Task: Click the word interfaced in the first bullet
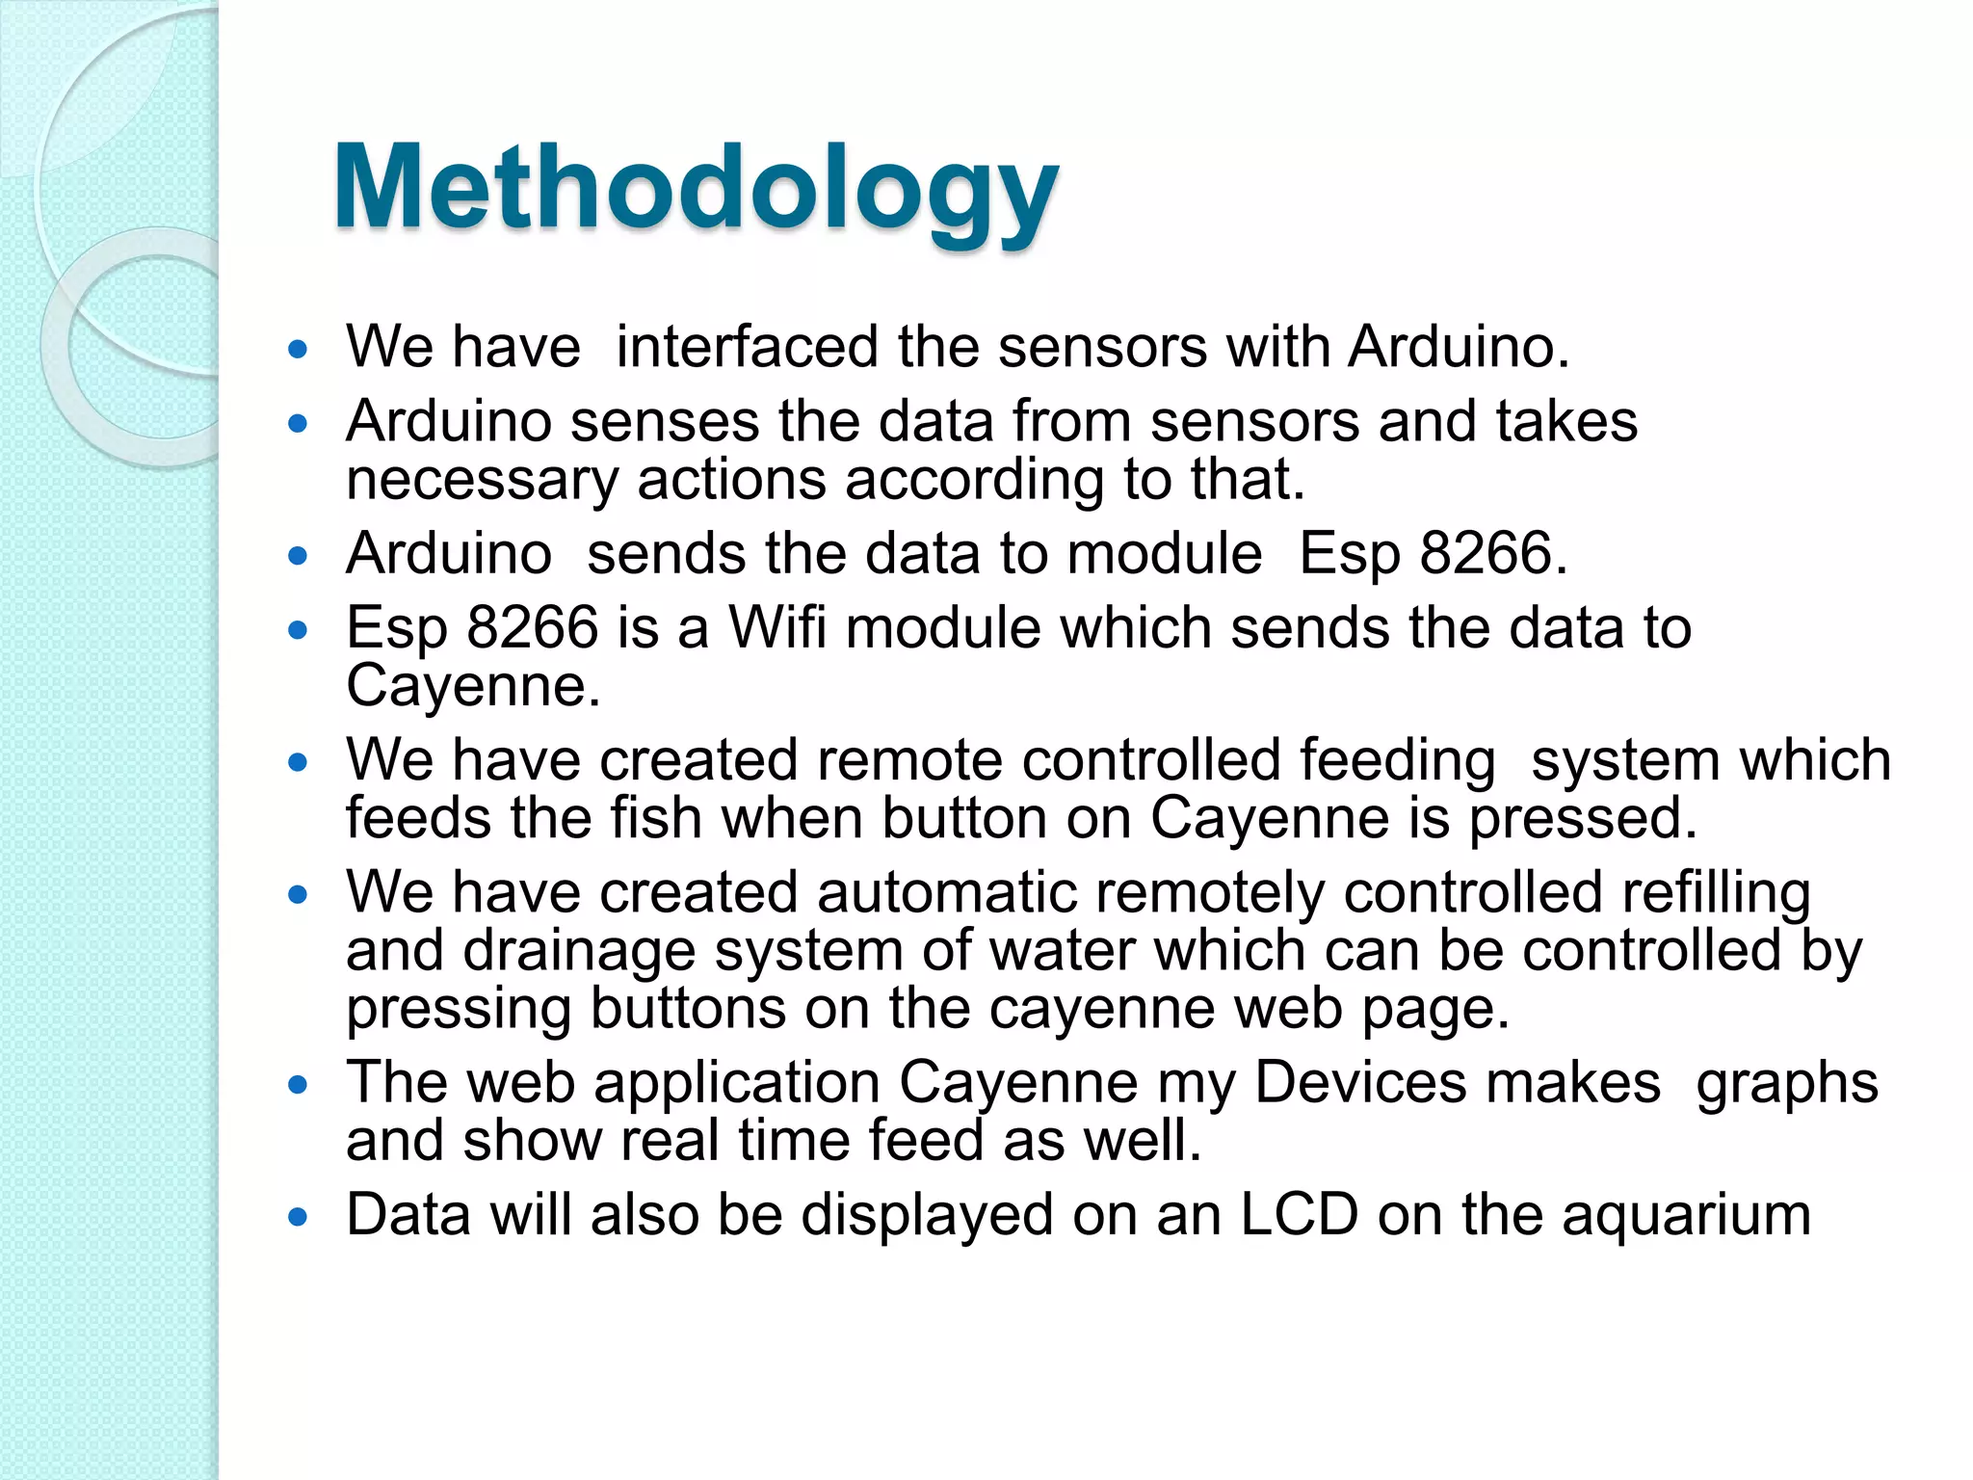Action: [747, 347]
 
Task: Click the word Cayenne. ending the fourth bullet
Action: [472, 688]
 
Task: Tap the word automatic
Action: [946, 892]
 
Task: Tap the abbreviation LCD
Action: [1299, 1214]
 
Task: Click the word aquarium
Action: [1686, 1216]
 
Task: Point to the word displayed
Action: [927, 1216]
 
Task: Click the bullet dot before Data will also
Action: [298, 1217]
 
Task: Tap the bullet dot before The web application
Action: [298, 1085]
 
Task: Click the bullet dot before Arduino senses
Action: [298, 423]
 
